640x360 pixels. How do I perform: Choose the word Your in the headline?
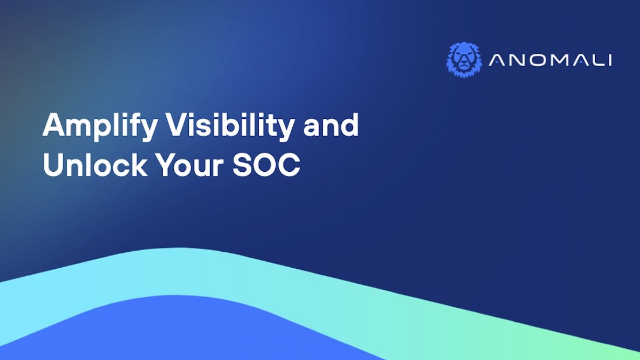[x=190, y=165]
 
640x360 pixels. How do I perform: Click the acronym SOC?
[x=267, y=165]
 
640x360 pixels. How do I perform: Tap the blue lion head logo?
[x=464, y=60]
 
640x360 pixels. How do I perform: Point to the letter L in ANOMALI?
[x=598, y=60]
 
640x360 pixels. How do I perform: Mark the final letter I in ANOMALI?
[x=611, y=60]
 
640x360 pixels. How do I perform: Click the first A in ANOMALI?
[x=497, y=60]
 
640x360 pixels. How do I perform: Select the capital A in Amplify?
[x=55, y=125]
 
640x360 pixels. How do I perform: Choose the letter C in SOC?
[x=289, y=165]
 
